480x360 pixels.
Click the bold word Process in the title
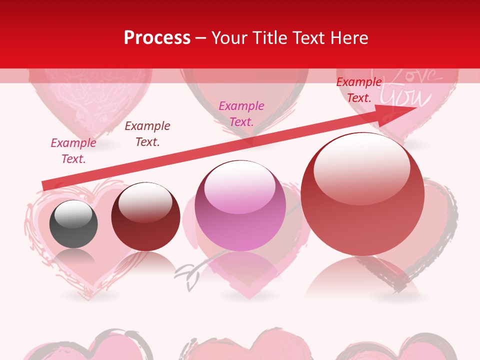pyautogui.click(x=157, y=38)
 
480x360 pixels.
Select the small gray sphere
pyautogui.click(x=73, y=224)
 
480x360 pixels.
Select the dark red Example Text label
pyautogui.click(x=147, y=134)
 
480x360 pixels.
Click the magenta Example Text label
pyautogui.click(x=241, y=113)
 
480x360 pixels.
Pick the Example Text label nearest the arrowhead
pyautogui.click(x=359, y=90)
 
